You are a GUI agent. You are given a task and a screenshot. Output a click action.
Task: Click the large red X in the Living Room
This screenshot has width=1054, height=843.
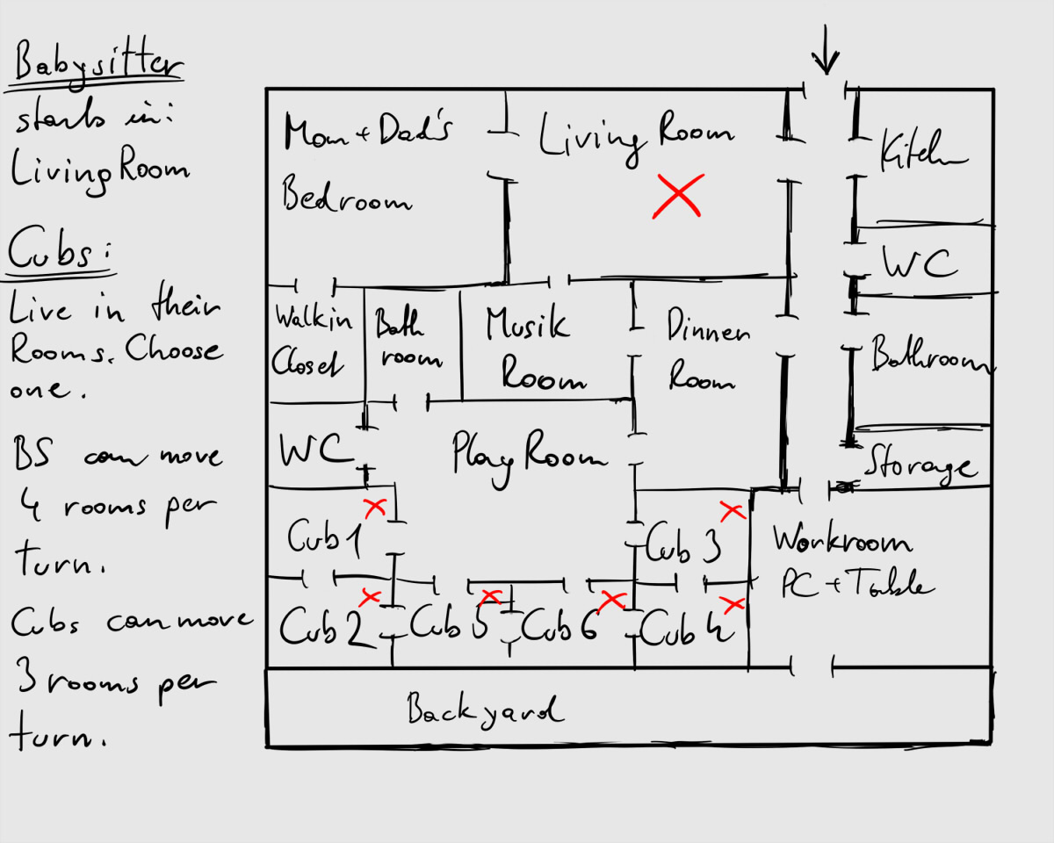(x=678, y=195)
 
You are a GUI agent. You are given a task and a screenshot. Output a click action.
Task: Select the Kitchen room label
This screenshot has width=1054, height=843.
(x=922, y=154)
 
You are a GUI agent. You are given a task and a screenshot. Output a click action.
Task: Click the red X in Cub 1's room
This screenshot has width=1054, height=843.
(x=375, y=507)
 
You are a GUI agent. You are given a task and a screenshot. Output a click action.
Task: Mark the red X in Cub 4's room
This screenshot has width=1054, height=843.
(x=732, y=604)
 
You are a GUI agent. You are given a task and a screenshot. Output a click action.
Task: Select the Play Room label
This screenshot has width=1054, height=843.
(x=529, y=455)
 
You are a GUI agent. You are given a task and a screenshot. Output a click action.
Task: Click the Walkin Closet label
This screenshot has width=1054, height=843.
(x=314, y=338)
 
